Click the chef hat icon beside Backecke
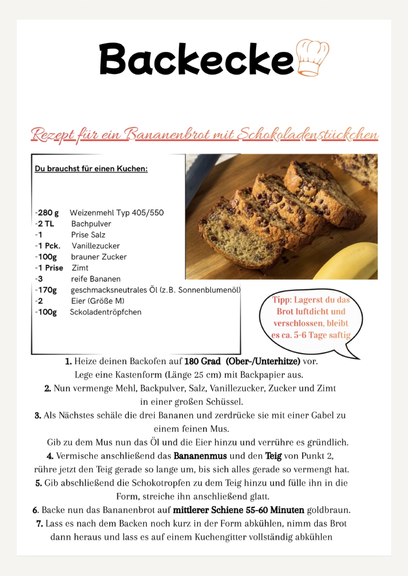tap(313, 57)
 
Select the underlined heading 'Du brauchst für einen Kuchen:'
tap(91, 169)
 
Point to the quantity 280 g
tap(48, 213)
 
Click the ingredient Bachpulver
tap(91, 224)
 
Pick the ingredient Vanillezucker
tap(95, 246)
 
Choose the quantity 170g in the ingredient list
tap(47, 290)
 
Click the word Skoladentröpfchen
tap(105, 312)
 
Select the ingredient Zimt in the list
tap(80, 268)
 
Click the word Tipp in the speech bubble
tap(282, 300)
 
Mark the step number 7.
tap(39, 524)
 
